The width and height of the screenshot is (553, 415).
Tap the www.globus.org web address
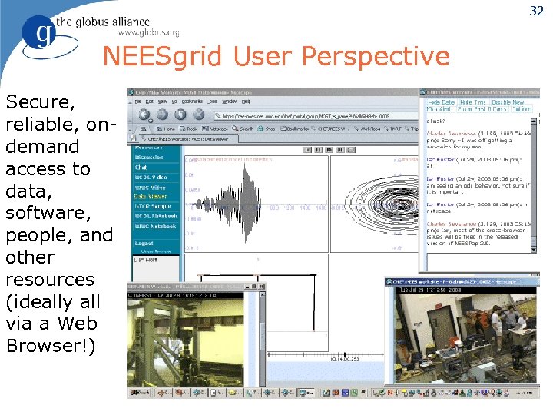point(149,33)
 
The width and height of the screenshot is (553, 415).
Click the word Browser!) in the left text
point(51,346)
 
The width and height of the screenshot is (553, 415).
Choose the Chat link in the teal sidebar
point(141,167)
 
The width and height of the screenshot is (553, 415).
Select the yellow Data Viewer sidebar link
point(151,197)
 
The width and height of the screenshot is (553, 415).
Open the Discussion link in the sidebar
point(149,157)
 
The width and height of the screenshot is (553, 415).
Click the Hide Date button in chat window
point(440,101)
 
